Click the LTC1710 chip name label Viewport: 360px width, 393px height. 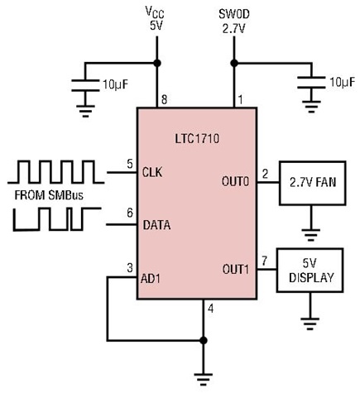(x=197, y=138)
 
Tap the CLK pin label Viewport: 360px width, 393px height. (x=152, y=172)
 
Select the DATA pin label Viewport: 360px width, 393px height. (x=156, y=225)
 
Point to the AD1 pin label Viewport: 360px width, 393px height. (x=151, y=279)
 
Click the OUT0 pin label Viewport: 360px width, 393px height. (x=235, y=181)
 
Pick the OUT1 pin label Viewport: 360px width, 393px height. (x=236, y=269)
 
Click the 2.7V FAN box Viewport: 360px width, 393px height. (x=313, y=183)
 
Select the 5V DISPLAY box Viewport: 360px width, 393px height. (x=310, y=271)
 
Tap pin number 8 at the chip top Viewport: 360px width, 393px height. (x=165, y=99)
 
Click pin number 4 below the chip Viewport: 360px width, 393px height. (x=211, y=309)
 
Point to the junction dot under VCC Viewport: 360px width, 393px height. (x=157, y=63)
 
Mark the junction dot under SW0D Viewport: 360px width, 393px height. (x=234, y=63)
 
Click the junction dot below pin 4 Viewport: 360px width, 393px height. (x=204, y=340)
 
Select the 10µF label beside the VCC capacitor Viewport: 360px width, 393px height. (x=116, y=84)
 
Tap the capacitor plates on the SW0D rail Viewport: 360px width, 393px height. (x=311, y=83)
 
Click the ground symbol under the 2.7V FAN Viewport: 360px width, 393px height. (x=311, y=235)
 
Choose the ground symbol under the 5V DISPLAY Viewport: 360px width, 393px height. (x=310, y=324)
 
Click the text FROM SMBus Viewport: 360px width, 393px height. (x=49, y=195)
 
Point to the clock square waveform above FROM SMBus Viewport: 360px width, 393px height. (x=56, y=171)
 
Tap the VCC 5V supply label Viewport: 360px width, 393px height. (x=156, y=18)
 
